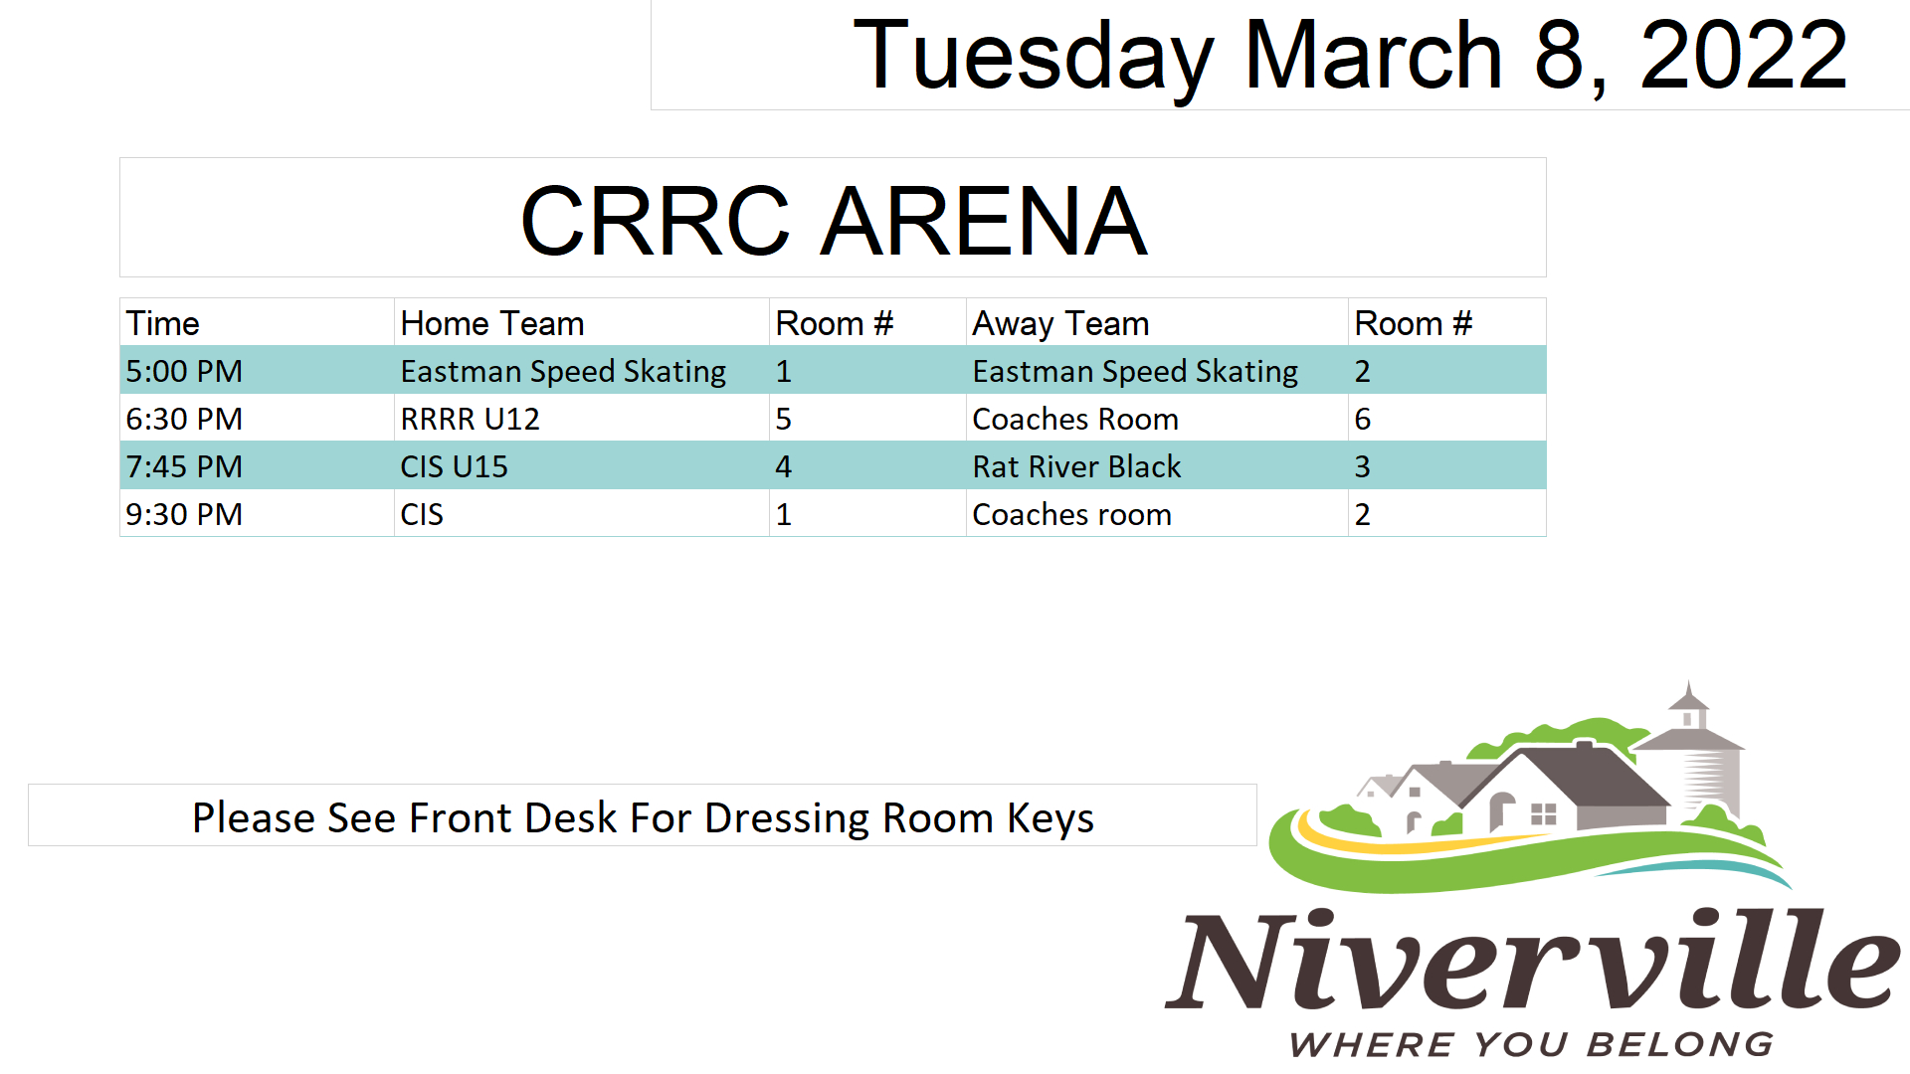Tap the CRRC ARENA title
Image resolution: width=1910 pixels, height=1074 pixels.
834,220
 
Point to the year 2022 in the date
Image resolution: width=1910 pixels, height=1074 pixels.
1744,55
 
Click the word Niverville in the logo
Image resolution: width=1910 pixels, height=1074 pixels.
1533,959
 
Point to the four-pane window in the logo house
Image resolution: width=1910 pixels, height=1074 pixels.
1543,814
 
